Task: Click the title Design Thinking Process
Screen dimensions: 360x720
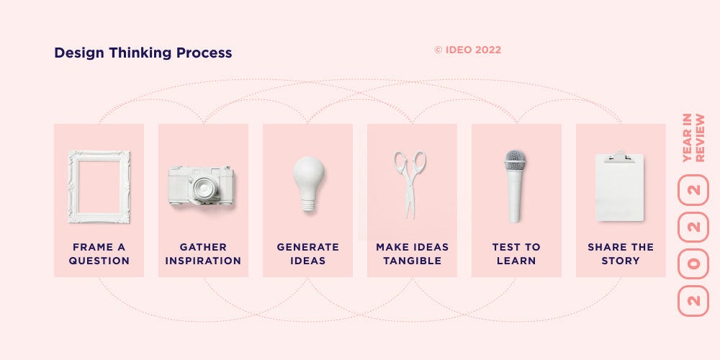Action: pyautogui.click(x=143, y=53)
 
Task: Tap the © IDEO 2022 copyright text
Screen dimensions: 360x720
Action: pyautogui.click(x=467, y=50)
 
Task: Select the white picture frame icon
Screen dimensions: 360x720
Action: pyautogui.click(x=99, y=186)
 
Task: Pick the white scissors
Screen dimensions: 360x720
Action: pyautogui.click(x=410, y=184)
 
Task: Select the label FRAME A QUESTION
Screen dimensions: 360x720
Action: pyautogui.click(x=99, y=253)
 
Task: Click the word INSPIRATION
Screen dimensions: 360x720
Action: pyautogui.click(x=203, y=261)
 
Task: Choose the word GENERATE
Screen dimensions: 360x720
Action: pyautogui.click(x=308, y=247)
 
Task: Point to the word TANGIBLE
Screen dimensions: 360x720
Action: pyautogui.click(x=413, y=261)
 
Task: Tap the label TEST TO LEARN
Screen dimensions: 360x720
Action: pyautogui.click(x=516, y=253)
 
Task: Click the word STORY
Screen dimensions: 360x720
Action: pyautogui.click(x=621, y=261)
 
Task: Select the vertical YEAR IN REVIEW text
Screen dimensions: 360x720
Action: pyautogui.click(x=693, y=138)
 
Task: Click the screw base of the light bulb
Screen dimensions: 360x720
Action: pyautogui.click(x=308, y=204)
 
